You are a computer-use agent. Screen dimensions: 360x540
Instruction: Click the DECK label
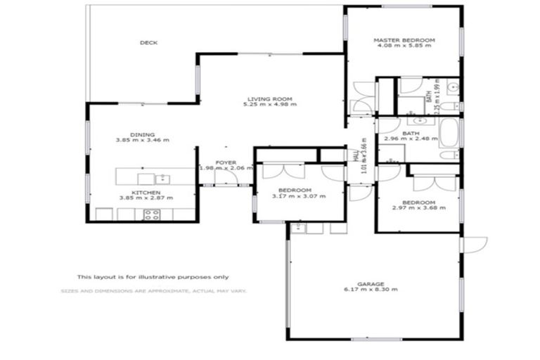pos(148,43)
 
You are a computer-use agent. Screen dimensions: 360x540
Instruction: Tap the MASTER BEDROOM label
pos(404,41)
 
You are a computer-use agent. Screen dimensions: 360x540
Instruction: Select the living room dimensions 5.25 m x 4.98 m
pos(270,105)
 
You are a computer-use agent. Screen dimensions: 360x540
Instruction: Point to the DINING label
pos(143,134)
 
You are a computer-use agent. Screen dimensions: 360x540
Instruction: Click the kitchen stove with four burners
pos(151,214)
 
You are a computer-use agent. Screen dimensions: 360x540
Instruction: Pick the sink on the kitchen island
pos(162,178)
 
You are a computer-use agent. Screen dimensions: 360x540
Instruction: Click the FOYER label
pos(226,162)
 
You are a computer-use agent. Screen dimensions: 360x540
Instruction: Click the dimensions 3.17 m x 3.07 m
pos(300,196)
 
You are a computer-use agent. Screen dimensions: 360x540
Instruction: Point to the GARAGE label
pos(371,283)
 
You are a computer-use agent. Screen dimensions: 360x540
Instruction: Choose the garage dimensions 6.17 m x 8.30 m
pos(371,290)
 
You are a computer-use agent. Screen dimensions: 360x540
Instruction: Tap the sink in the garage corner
pos(297,227)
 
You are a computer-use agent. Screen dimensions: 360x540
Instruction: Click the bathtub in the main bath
pos(448,131)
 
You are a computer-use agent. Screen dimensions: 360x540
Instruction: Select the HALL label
pos(356,155)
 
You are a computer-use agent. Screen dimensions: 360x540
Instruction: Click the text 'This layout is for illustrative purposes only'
pos(153,277)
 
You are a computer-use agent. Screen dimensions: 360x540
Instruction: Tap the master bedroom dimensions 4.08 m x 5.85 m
pos(404,48)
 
